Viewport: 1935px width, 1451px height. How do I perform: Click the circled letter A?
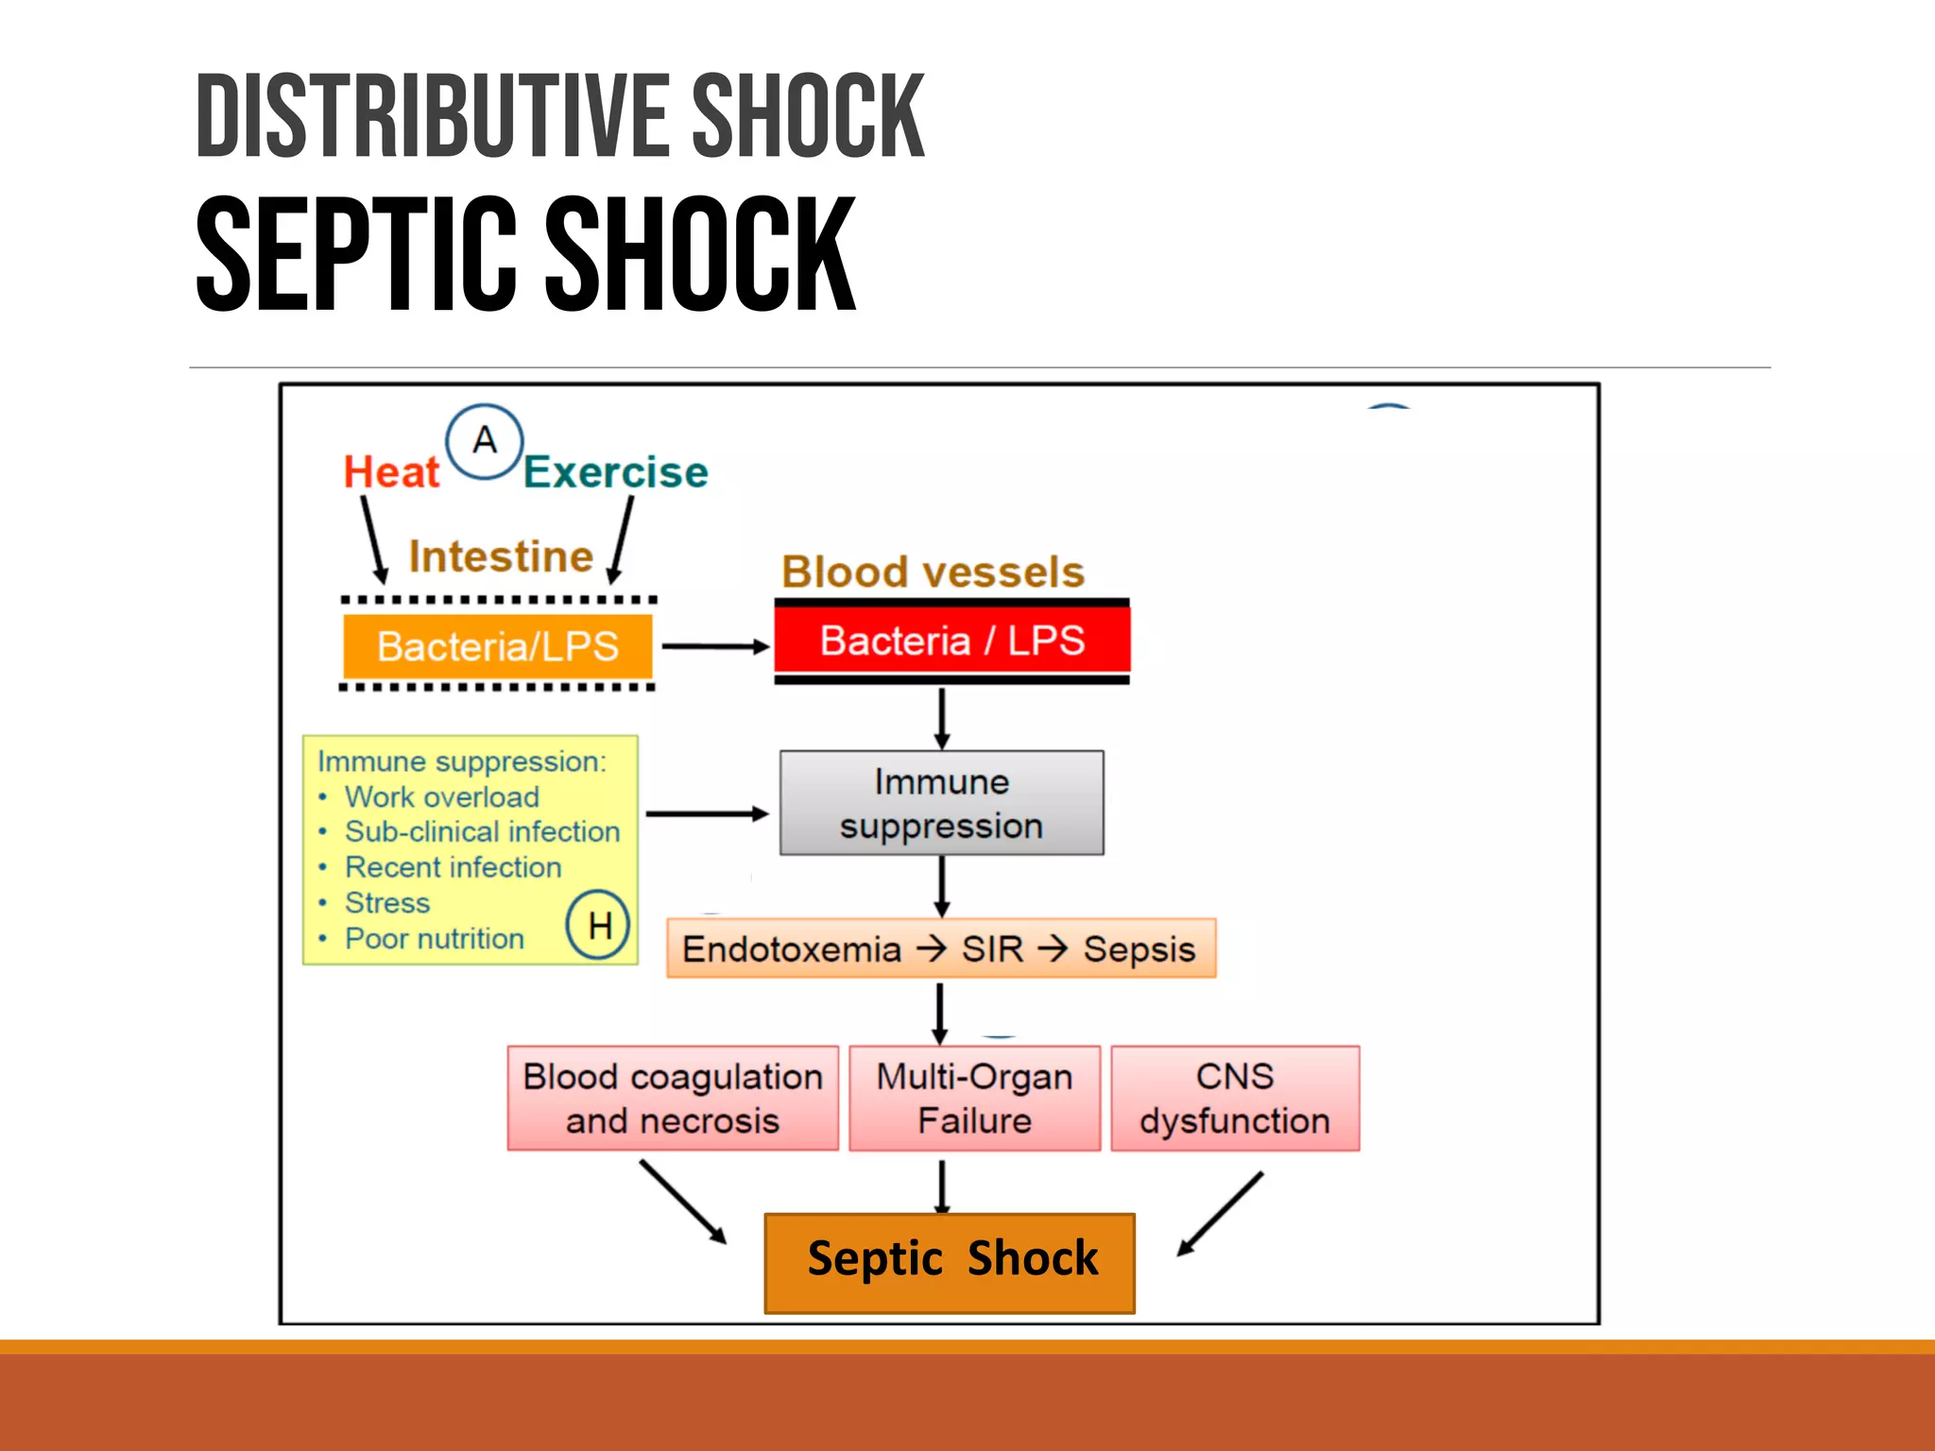click(484, 441)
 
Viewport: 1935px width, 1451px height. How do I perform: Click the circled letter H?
click(598, 925)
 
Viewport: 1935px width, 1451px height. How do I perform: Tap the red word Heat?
click(391, 471)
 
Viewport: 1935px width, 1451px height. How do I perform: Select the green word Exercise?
click(615, 471)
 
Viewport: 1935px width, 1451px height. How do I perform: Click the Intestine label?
click(500, 556)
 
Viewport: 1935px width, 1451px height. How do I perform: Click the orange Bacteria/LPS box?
click(497, 646)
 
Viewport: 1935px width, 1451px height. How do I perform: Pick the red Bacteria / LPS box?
click(951, 640)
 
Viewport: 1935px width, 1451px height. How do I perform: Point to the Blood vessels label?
click(933, 572)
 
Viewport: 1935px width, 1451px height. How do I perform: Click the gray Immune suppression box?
click(941, 803)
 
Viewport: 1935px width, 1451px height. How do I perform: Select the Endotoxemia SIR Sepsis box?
click(940, 948)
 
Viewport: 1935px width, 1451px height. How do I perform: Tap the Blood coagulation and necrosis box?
click(673, 1098)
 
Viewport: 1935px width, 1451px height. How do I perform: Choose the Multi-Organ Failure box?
click(974, 1098)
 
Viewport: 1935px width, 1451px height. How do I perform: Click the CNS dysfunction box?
click(1234, 1098)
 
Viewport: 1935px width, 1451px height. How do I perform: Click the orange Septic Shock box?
click(950, 1261)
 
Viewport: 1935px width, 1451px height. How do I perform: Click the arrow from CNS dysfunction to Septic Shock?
click(1220, 1214)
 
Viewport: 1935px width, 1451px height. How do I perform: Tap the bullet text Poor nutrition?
click(434, 938)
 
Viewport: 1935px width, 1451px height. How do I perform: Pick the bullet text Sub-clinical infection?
click(482, 831)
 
